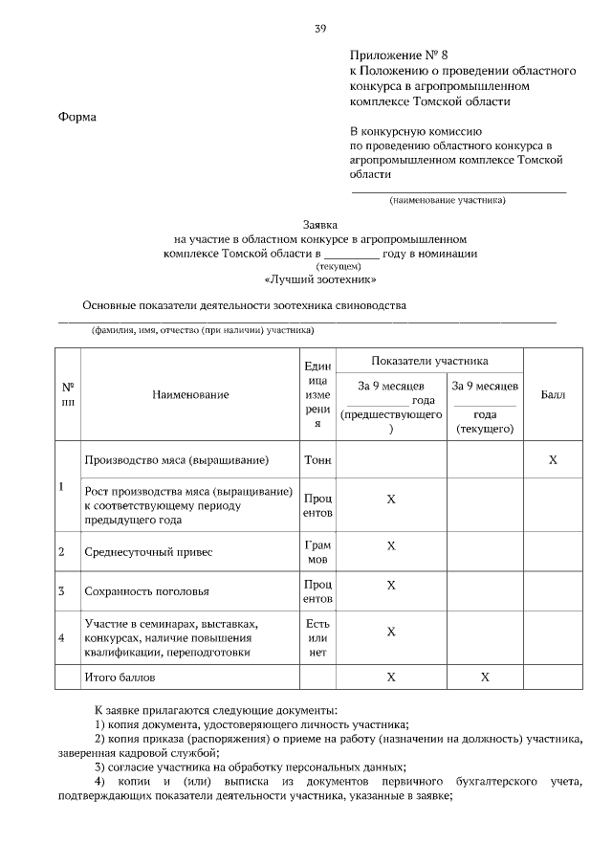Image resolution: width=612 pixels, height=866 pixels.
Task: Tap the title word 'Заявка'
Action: tap(320, 222)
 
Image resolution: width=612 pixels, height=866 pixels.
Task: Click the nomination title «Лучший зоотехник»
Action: tap(320, 280)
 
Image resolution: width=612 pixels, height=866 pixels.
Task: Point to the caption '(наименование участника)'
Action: tap(447, 200)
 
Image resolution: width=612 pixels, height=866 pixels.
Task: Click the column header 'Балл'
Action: tap(553, 394)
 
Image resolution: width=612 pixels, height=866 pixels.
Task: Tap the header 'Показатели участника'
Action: tap(429, 361)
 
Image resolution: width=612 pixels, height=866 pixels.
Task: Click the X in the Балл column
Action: tap(553, 460)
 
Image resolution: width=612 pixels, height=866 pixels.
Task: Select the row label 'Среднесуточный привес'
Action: tap(149, 552)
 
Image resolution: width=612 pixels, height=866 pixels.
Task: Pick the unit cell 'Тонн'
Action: tap(317, 460)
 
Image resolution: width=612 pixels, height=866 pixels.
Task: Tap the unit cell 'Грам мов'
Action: tap(317, 551)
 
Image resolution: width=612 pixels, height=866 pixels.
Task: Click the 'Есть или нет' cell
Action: tap(317, 637)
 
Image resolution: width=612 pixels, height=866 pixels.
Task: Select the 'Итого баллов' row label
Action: tap(120, 677)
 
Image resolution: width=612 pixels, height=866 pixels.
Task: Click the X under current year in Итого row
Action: tap(485, 677)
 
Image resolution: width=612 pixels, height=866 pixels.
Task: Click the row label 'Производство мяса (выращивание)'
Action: tap(177, 460)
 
